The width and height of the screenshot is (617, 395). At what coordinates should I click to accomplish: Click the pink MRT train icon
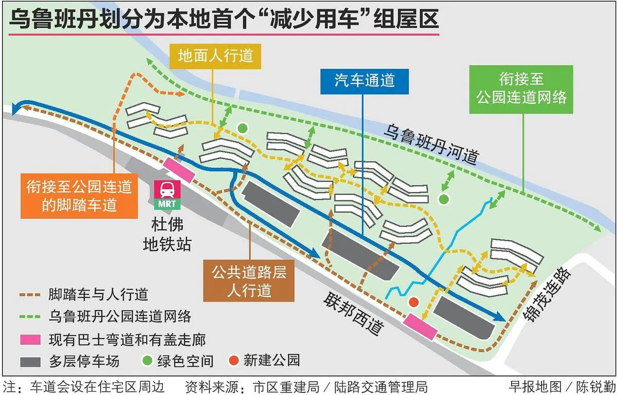pos(167,195)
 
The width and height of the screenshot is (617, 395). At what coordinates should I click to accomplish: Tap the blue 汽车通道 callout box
pos(365,82)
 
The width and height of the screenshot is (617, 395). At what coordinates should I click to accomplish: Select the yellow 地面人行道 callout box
pos(215,56)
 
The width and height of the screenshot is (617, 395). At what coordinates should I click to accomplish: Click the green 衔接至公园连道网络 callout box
pos(521,89)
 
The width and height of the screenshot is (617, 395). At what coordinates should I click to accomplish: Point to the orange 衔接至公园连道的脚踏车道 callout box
pos(79,196)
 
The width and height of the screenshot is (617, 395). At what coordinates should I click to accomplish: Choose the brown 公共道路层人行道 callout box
pos(249,281)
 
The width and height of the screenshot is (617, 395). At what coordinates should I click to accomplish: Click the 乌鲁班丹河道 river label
pos(431,145)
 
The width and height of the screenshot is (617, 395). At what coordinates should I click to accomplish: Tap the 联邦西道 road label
pos(354,313)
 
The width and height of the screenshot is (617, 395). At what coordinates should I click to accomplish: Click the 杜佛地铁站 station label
pos(167,235)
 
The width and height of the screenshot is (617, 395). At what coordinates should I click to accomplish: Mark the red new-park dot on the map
pos(413,302)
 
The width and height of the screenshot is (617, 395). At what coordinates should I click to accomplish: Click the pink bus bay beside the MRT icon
pos(179,170)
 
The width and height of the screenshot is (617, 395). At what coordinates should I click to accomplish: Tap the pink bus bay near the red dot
pos(420,326)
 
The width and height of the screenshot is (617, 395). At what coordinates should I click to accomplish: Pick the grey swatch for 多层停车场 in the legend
pos(30,362)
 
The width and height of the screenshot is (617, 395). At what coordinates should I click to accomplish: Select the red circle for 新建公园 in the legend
pos(233,360)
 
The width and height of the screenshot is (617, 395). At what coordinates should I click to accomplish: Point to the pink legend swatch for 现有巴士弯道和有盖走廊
pos(30,340)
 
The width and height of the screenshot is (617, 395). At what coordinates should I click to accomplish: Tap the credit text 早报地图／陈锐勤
pos(562,387)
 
